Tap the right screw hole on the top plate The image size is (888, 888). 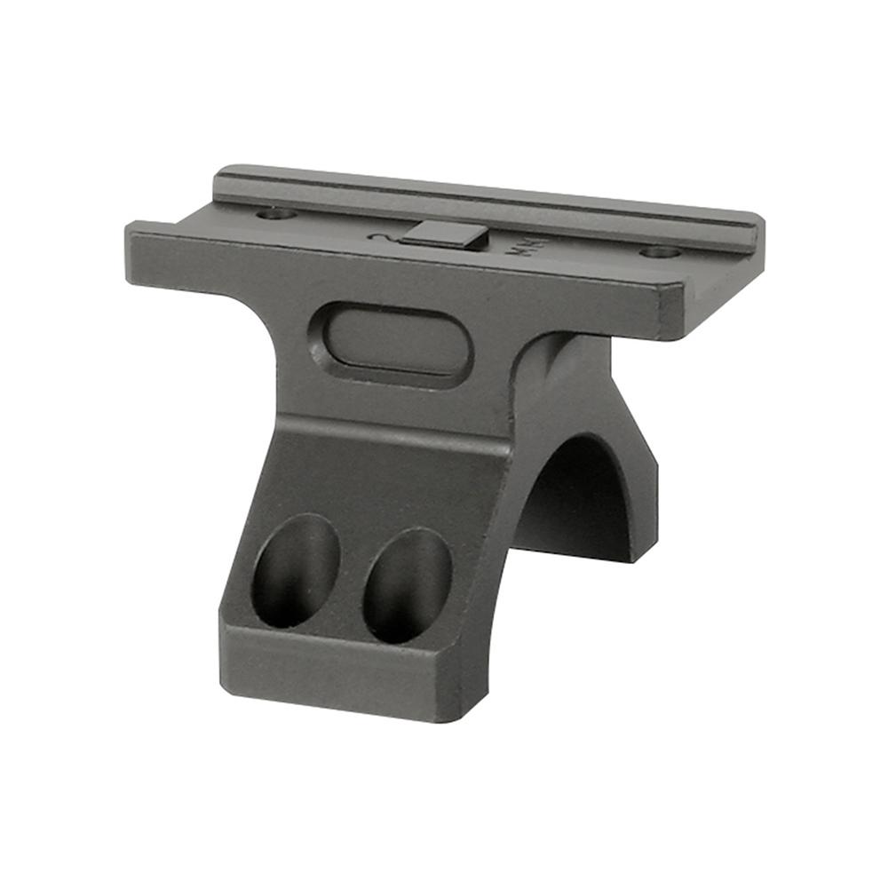[660, 251]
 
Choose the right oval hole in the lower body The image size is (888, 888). [408, 585]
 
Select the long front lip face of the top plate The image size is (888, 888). [400, 275]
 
